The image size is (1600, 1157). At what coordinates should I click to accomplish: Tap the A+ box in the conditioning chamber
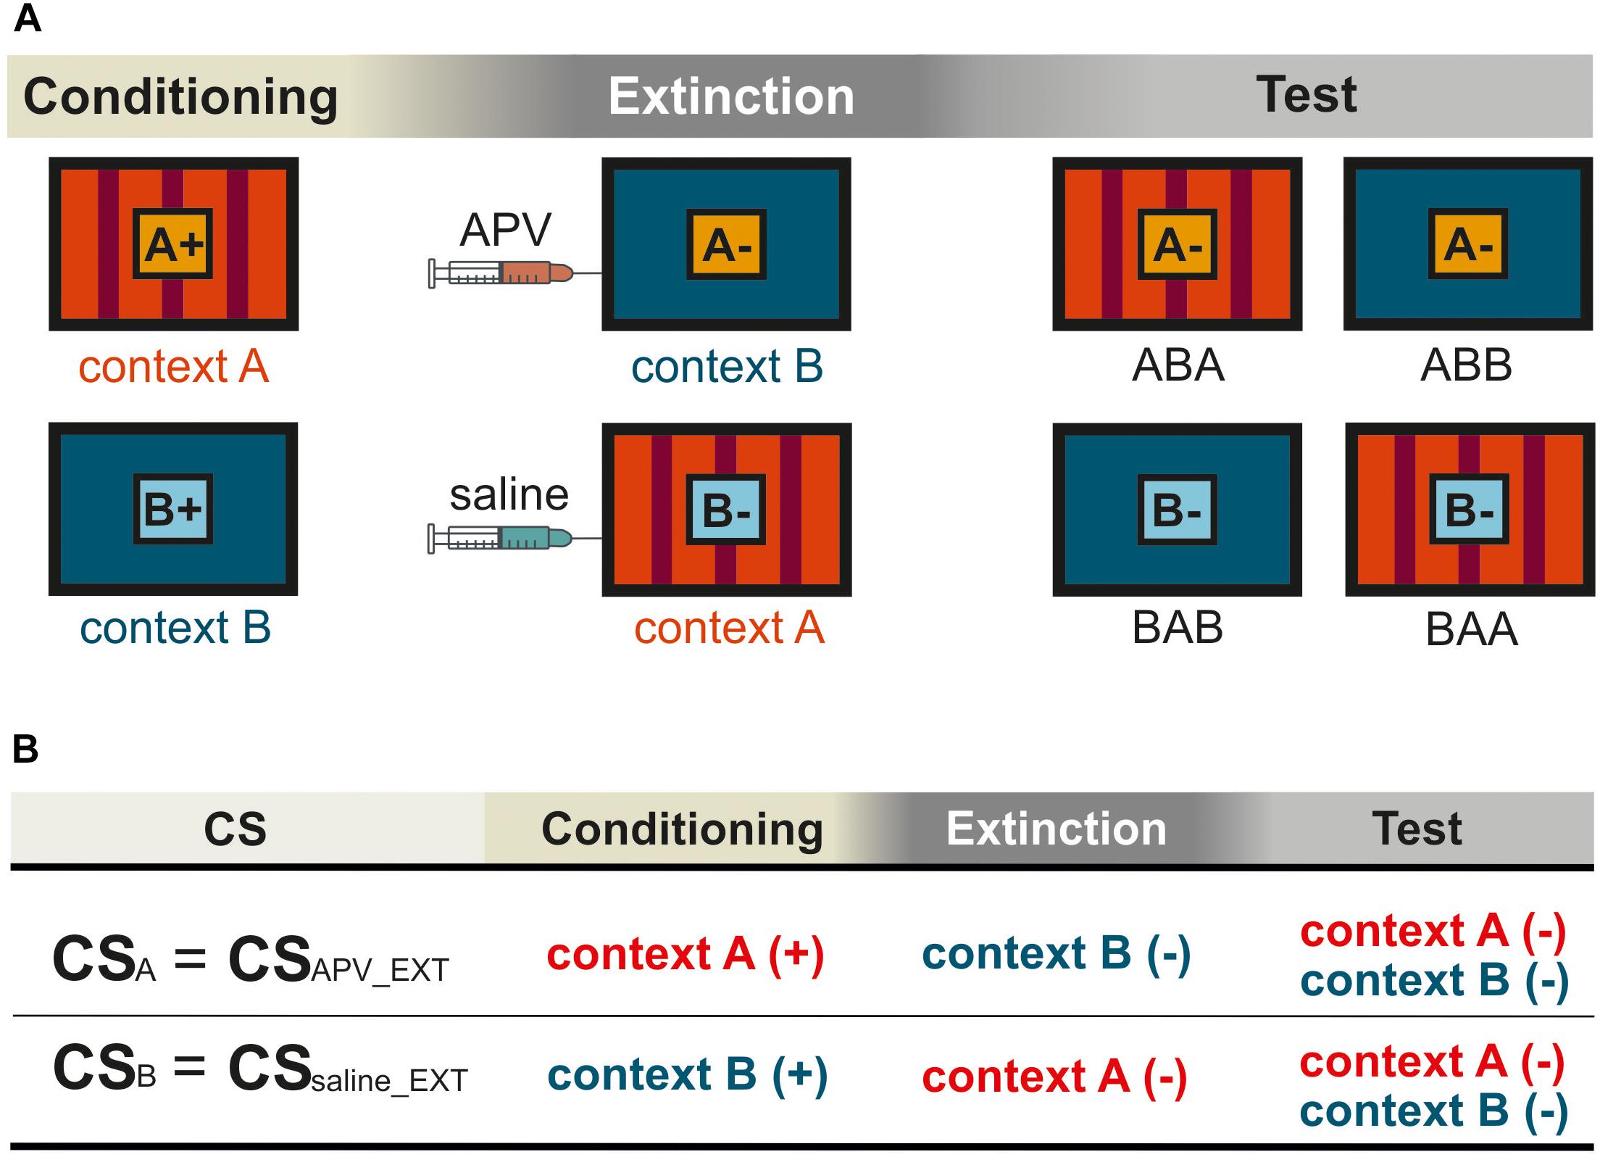point(173,244)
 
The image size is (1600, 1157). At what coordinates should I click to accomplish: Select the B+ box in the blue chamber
point(173,509)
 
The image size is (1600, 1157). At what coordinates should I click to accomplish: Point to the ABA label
point(1178,365)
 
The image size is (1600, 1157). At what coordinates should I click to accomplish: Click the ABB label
point(1467,365)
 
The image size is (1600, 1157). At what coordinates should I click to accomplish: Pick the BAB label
point(1178,628)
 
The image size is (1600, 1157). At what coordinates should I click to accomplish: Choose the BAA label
point(1472,629)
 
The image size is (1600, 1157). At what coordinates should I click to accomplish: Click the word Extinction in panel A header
point(731,96)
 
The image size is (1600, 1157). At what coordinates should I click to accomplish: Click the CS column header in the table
point(236,829)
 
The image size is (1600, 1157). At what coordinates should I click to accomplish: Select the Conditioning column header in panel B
point(682,829)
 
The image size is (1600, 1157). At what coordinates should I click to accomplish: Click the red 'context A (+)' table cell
point(686,953)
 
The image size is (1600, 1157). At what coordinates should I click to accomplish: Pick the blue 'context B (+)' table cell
point(688,1074)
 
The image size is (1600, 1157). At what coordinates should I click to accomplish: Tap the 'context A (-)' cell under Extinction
point(1055,1077)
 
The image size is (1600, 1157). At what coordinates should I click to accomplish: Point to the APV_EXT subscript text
point(380,970)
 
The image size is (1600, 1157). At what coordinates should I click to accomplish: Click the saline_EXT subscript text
point(390,1080)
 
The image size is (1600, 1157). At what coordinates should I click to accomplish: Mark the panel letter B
point(25,749)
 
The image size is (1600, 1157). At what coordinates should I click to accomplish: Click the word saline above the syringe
point(509,495)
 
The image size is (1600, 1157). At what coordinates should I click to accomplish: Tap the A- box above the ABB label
point(1468,244)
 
